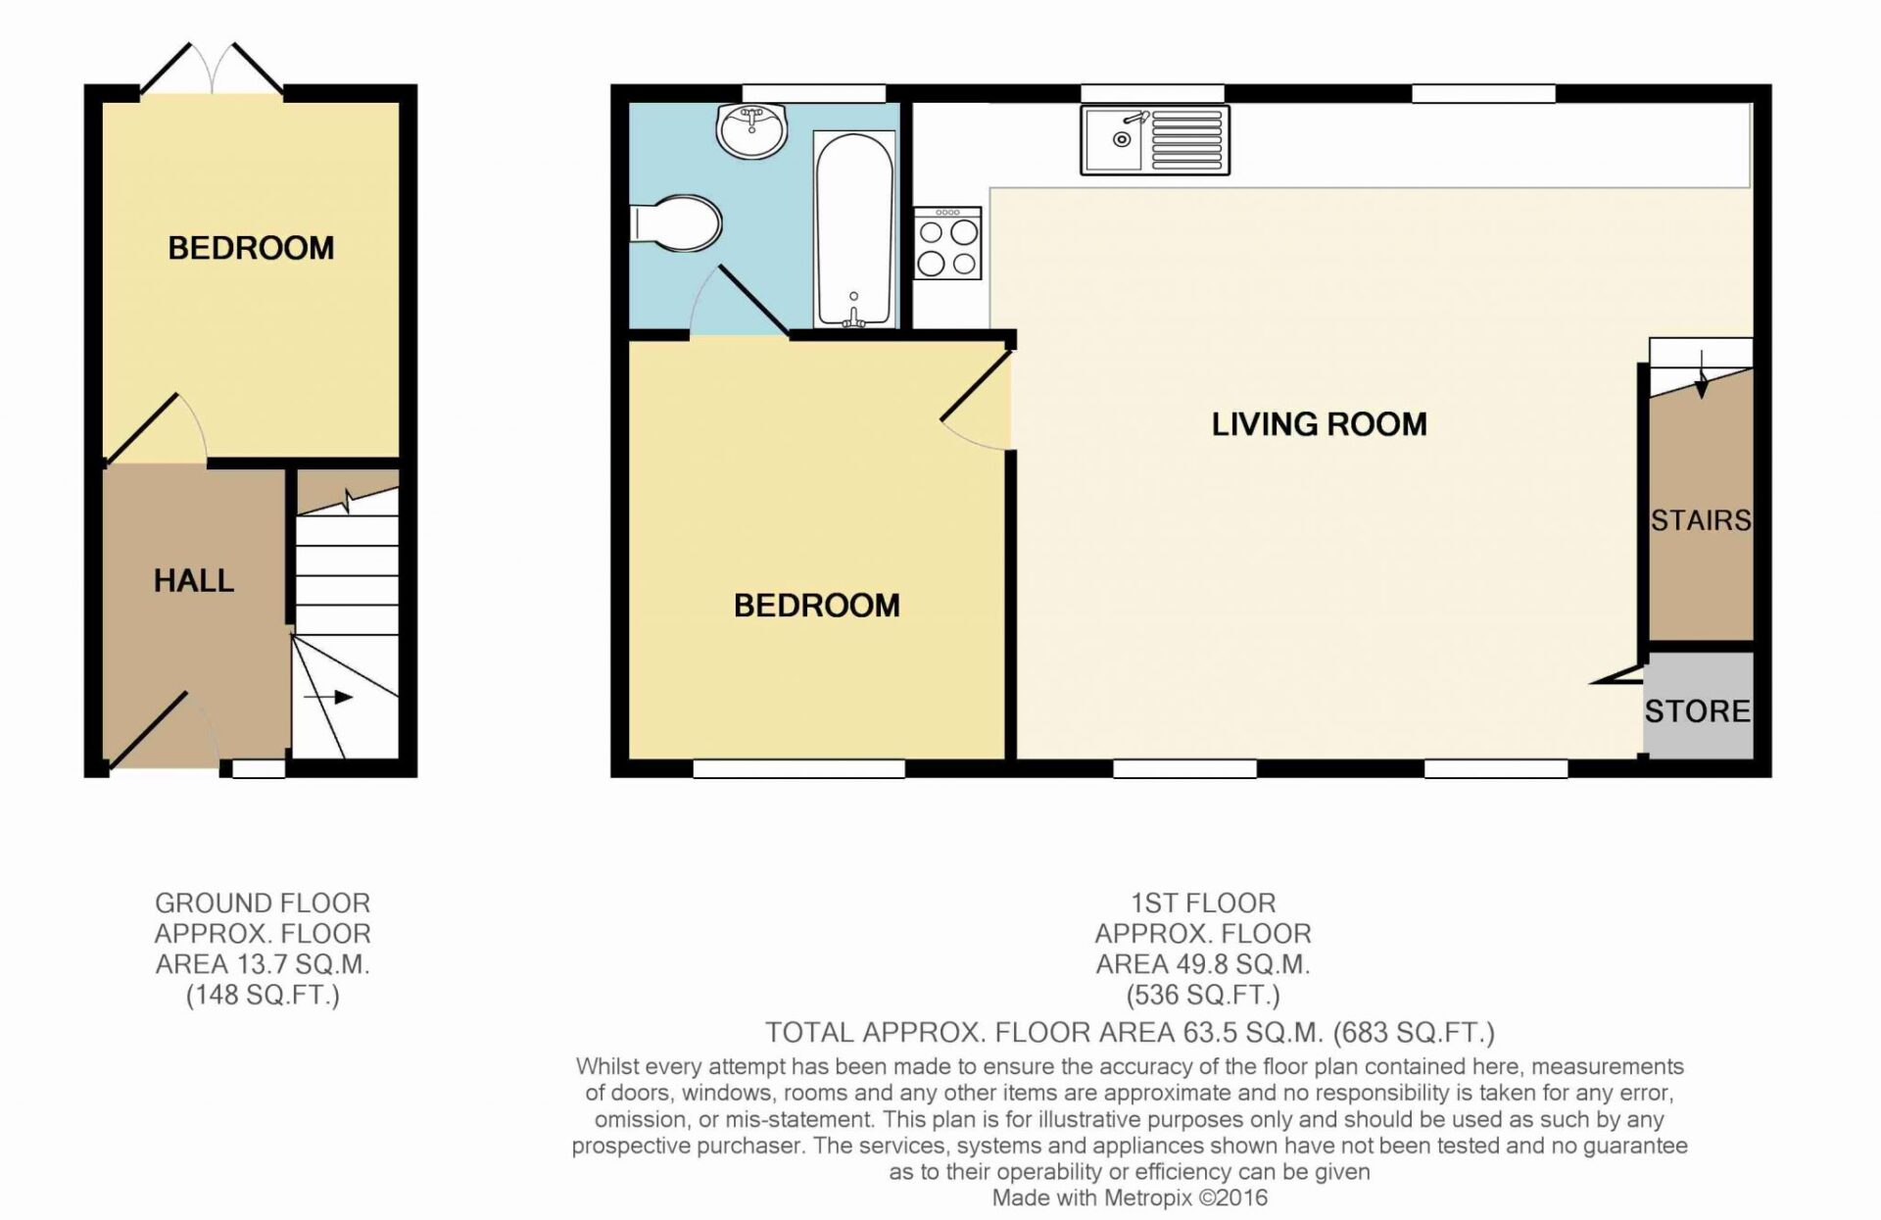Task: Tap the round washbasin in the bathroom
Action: click(752, 130)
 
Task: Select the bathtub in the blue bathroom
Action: click(854, 231)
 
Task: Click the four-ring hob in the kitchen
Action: click(947, 243)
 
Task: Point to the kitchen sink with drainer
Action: click(1155, 140)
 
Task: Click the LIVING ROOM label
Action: click(1319, 424)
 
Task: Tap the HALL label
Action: click(194, 581)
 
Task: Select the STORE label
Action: click(1697, 711)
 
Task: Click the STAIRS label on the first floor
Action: click(1701, 520)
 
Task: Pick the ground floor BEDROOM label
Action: click(251, 248)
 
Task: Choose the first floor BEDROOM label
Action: click(816, 606)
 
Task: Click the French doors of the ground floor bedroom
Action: click(213, 69)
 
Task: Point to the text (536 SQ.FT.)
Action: click(1202, 997)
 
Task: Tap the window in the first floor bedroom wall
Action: click(798, 768)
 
